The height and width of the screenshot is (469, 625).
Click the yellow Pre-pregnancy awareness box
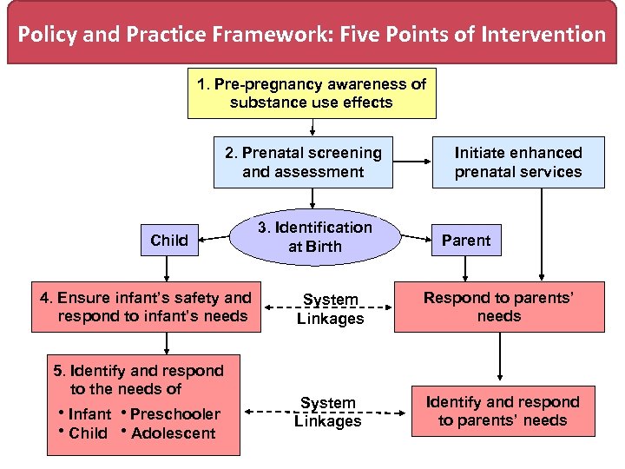(312, 93)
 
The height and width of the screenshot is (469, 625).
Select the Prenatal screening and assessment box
(303, 162)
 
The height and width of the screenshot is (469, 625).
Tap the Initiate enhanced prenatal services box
(518, 162)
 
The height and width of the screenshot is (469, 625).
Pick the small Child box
(169, 241)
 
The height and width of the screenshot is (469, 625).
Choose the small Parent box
(466, 241)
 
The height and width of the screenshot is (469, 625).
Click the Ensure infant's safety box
(146, 307)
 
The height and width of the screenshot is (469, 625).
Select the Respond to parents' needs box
(499, 307)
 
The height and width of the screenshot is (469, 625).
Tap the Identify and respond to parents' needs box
(503, 411)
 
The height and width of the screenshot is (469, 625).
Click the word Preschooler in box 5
(174, 414)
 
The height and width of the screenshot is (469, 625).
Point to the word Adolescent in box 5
(173, 433)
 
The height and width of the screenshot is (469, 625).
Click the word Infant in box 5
(89, 414)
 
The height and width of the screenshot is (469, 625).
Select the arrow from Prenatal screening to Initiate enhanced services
(412, 162)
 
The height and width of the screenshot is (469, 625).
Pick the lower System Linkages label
(327, 413)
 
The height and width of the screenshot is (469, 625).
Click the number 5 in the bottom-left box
(58, 371)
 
